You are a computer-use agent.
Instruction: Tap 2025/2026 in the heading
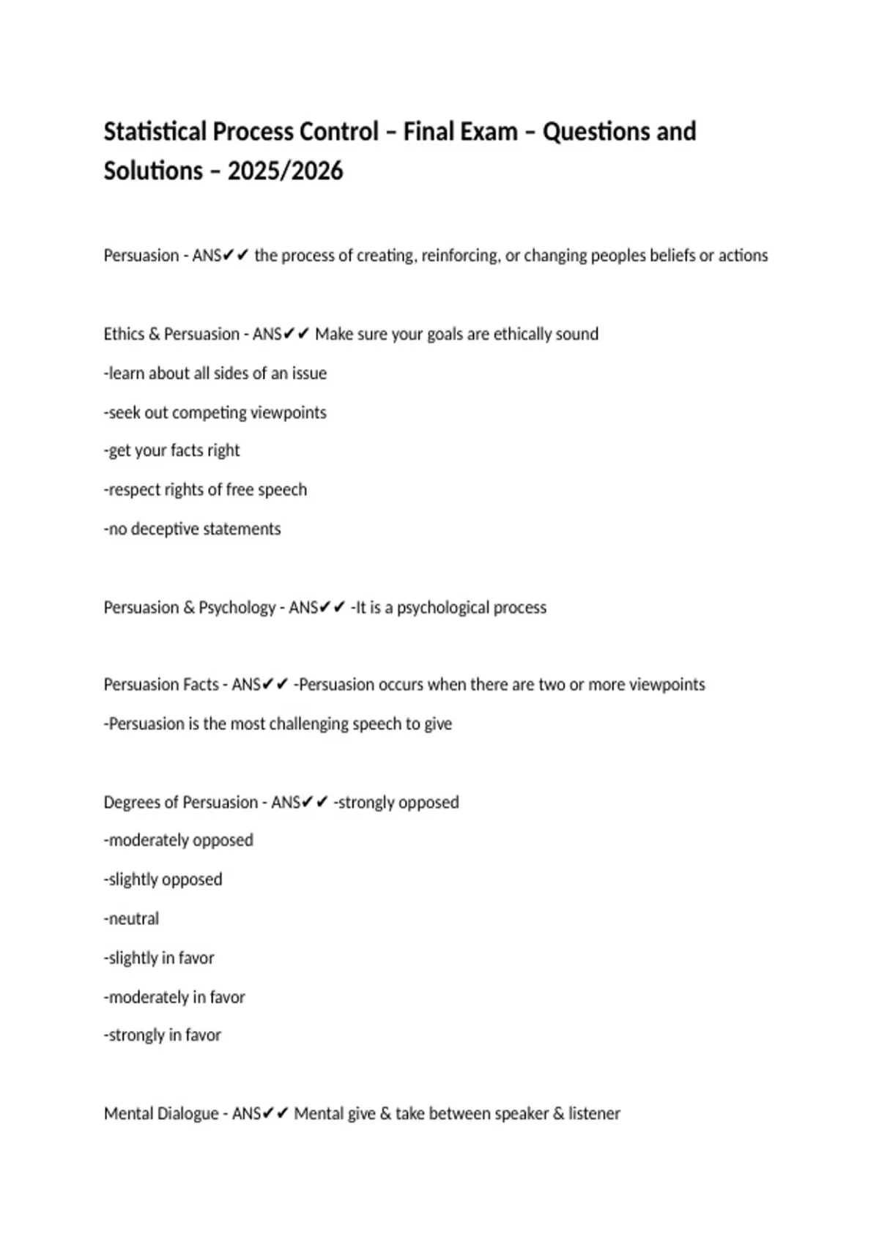pyautogui.click(x=285, y=171)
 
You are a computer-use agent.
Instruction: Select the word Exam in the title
pyautogui.click(x=491, y=132)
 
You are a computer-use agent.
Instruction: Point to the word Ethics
pyautogui.click(x=124, y=334)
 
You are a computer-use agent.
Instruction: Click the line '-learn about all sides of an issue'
pyautogui.click(x=215, y=373)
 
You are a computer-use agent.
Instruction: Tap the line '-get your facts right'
pyautogui.click(x=172, y=450)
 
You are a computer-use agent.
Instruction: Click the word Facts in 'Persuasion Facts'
pyautogui.click(x=203, y=685)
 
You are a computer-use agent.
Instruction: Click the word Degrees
pyautogui.click(x=131, y=803)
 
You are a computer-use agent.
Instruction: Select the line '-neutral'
pyautogui.click(x=132, y=919)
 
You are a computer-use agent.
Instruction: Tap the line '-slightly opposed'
pyautogui.click(x=163, y=880)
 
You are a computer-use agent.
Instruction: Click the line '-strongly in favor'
pyautogui.click(x=163, y=1036)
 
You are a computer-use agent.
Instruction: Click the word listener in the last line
pyautogui.click(x=594, y=1114)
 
